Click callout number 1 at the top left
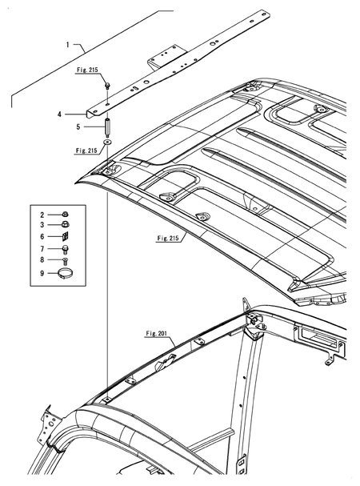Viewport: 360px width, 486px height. [70, 46]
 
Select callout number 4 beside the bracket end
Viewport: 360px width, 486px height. [82, 114]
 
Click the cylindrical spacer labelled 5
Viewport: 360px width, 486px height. [108, 127]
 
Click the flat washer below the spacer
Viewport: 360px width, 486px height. [108, 143]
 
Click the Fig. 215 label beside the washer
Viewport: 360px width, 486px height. [85, 150]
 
